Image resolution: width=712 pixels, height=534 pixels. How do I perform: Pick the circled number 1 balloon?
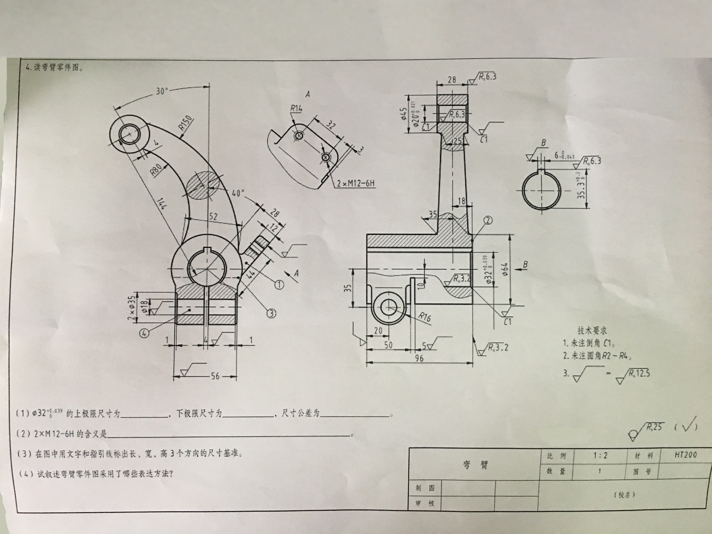click(279, 284)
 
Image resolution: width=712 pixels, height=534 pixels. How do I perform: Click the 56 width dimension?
click(215, 376)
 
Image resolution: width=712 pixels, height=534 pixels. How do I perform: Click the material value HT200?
click(686, 455)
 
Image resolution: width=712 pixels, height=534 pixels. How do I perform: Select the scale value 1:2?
click(600, 455)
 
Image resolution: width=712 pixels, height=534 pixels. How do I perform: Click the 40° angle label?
click(238, 193)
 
